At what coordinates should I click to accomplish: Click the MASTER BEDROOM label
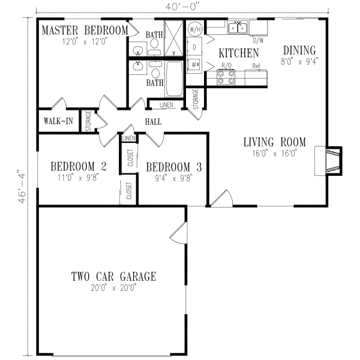click(x=83, y=30)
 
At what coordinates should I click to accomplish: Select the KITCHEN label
click(x=238, y=53)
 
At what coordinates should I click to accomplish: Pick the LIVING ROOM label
click(x=274, y=142)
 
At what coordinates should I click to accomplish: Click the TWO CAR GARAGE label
click(x=113, y=277)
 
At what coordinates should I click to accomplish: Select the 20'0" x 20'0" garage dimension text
click(x=113, y=288)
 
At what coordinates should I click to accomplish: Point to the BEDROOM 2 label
click(x=79, y=166)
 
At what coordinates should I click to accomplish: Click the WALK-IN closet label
click(x=58, y=121)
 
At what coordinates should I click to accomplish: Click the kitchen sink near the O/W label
click(x=239, y=27)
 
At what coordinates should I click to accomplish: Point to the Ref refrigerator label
click(x=256, y=65)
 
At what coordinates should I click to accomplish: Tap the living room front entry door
click(x=221, y=199)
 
